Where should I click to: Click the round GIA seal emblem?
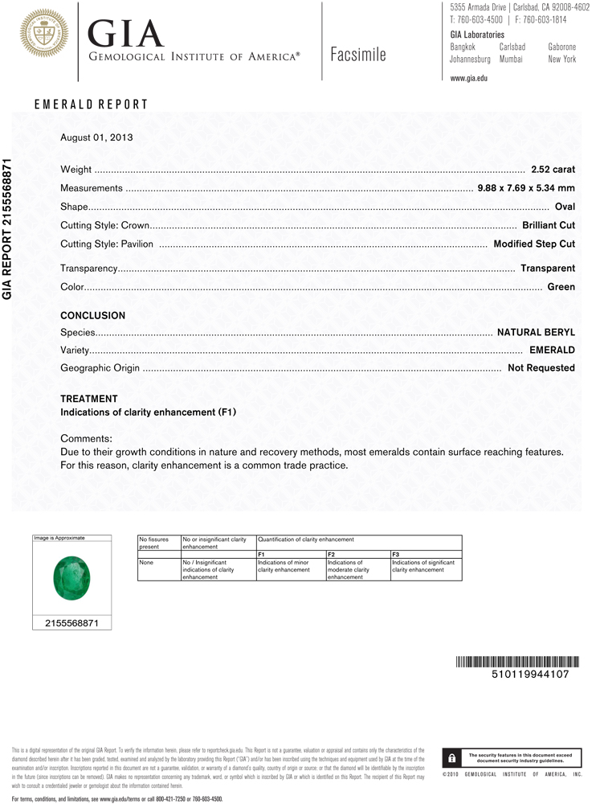click(x=44, y=34)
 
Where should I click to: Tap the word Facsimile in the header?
click(x=358, y=55)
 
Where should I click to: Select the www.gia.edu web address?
click(x=469, y=78)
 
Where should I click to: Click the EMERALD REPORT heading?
click(x=91, y=105)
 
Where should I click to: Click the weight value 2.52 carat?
click(x=553, y=170)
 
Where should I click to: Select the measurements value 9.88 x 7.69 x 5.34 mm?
click(x=526, y=188)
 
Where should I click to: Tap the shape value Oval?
click(x=565, y=207)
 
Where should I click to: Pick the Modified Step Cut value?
click(x=534, y=244)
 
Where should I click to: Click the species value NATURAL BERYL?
click(x=536, y=332)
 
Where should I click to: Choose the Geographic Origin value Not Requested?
click(x=541, y=368)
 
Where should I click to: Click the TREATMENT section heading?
click(x=89, y=399)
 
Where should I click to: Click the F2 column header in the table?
click(x=331, y=555)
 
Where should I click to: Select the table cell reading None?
click(x=145, y=563)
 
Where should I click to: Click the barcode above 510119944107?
click(x=517, y=662)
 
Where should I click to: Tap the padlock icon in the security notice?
click(x=453, y=758)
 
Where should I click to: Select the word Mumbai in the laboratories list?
click(x=511, y=59)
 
